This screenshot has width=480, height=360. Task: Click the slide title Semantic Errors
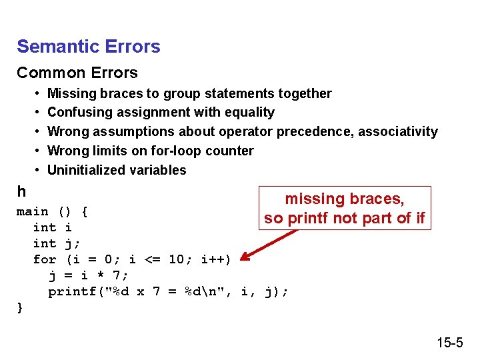click(x=89, y=47)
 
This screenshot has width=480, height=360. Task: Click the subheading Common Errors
click(x=77, y=73)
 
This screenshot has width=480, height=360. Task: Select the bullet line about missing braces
click(x=189, y=93)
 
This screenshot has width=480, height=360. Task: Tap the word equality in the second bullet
click(x=249, y=113)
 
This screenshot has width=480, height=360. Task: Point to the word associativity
click(x=398, y=131)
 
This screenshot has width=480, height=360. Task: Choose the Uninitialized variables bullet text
click(x=117, y=170)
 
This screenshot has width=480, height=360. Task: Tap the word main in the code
click(x=32, y=211)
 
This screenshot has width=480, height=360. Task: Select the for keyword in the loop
click(x=44, y=259)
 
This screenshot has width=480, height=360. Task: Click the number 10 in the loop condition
click(x=176, y=259)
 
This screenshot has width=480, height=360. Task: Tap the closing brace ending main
click(x=20, y=307)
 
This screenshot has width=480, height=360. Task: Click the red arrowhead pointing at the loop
click(x=245, y=258)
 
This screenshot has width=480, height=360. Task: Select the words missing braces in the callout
click(x=345, y=199)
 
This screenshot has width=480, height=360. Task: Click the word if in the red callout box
click(x=418, y=218)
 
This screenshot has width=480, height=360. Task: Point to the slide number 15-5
click(x=449, y=343)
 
